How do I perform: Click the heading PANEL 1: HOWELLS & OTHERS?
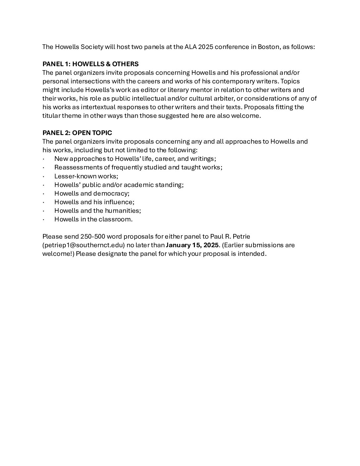pos(90,64)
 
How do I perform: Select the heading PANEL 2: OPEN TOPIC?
pos(77,133)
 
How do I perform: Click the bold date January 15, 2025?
pos(192,245)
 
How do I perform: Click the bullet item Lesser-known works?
pos(86,176)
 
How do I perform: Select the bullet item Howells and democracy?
pos(92,193)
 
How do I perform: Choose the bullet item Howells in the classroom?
pos(93,219)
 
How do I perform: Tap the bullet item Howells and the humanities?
pos(98,210)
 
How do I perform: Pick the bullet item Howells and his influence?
pos(94,202)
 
